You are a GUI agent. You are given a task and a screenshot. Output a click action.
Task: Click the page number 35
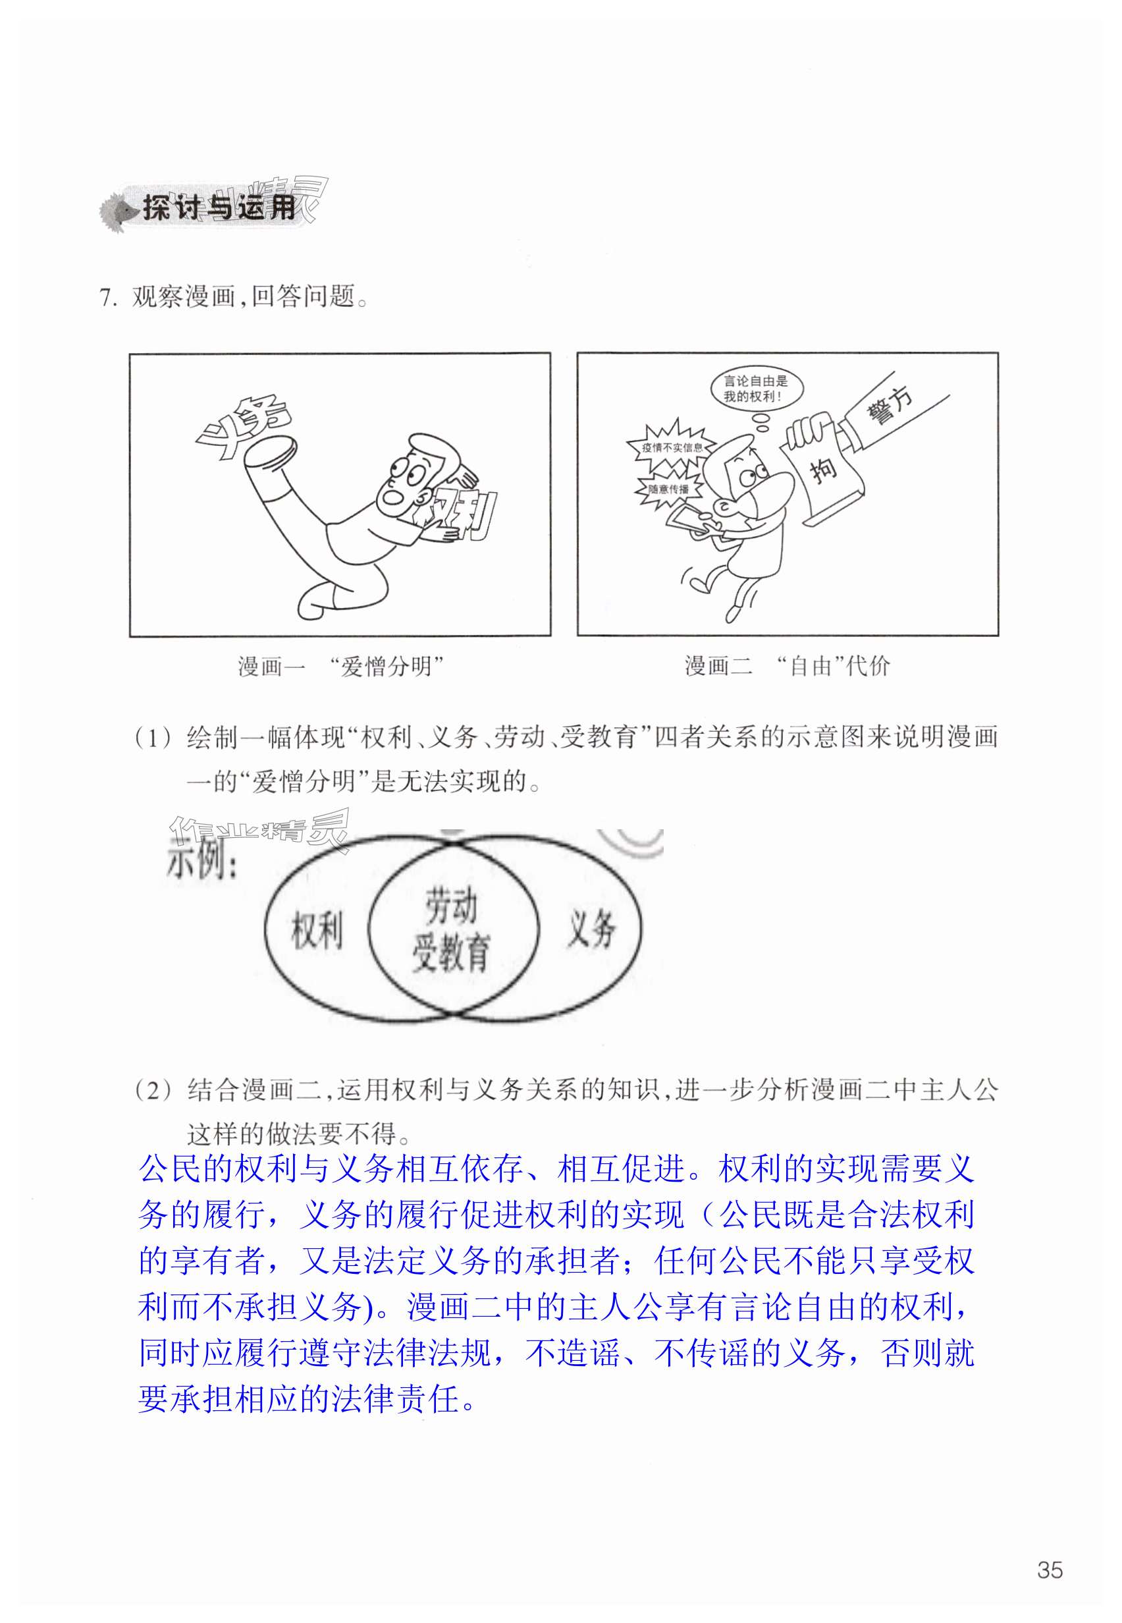(x=1050, y=1570)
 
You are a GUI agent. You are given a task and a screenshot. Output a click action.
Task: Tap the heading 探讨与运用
(x=219, y=207)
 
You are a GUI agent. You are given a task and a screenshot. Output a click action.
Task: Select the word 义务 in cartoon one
(x=243, y=426)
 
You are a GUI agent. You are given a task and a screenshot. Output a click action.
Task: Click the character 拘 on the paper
(x=824, y=469)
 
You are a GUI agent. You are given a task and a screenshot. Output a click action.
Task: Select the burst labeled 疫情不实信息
(x=672, y=447)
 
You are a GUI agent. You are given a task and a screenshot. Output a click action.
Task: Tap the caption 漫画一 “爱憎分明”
(x=341, y=665)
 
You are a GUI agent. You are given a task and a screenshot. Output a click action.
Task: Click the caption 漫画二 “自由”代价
(x=788, y=665)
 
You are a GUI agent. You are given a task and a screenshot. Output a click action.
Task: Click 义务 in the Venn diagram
(x=591, y=928)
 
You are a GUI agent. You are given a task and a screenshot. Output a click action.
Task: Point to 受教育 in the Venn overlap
(x=450, y=953)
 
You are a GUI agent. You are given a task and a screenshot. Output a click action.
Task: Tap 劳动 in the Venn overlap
(x=451, y=905)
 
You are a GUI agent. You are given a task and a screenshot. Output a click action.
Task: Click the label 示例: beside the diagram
(x=201, y=860)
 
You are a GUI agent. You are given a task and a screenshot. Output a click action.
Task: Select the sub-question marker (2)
(x=153, y=1091)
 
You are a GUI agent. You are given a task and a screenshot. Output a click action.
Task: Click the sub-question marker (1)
(x=153, y=738)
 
